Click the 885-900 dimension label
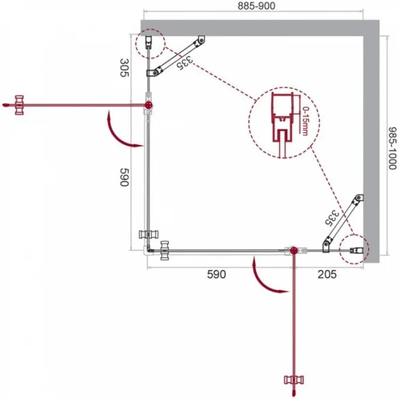256,6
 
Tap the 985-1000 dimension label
392,148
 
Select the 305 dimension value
125,68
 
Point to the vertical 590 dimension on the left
125,177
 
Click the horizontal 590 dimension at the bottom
216,274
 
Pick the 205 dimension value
327,274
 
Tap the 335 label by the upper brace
185,63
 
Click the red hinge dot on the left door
148,105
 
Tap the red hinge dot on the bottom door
294,251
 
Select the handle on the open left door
20,105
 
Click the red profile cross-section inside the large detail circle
282,125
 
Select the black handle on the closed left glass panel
148,234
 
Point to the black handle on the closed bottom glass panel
165,251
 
